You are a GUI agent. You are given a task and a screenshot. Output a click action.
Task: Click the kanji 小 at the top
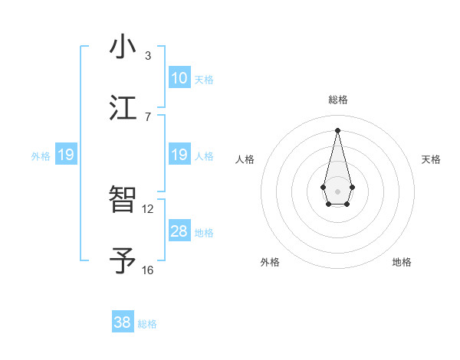pos(123,47)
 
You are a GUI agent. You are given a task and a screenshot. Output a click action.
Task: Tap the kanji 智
pos(123,201)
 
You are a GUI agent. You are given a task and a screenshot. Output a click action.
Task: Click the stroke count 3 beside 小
pos(148,55)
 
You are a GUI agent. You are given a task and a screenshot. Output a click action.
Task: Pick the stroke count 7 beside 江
pos(148,116)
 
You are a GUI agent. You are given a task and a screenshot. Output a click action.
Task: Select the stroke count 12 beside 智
pos(148,208)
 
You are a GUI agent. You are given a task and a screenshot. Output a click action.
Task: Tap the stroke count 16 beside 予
pos(148,270)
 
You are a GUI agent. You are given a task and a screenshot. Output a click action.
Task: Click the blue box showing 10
pos(179,78)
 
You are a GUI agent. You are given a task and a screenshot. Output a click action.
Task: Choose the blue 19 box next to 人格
pos(179,155)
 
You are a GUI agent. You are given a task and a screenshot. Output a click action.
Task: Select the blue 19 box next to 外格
pos(66,155)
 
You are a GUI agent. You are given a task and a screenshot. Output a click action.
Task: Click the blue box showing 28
pos(179,231)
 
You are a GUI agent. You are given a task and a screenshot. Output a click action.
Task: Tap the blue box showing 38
pos(123,322)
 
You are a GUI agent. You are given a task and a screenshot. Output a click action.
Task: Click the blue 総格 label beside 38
pos(147,324)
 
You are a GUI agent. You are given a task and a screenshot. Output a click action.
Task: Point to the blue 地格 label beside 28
pos(204,233)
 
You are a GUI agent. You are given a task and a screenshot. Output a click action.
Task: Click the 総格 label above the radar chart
pos(337,100)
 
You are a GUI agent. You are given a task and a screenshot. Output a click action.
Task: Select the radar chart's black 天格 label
pos(431,159)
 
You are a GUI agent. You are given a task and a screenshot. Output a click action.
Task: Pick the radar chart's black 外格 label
pos(270,262)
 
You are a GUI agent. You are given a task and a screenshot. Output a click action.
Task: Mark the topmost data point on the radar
pos(337,130)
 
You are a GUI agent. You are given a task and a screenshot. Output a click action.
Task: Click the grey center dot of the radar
pos(337,190)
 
